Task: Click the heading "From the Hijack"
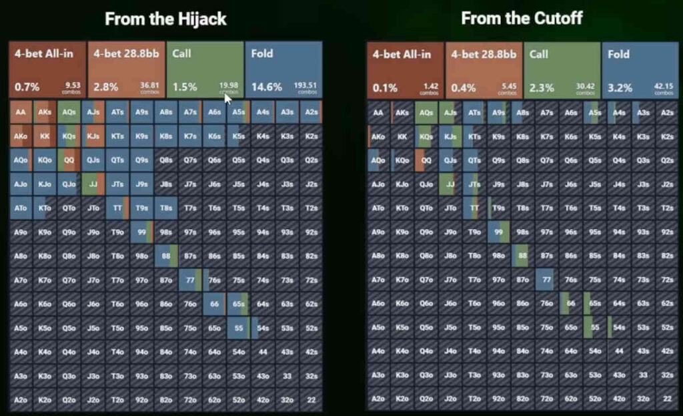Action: [165, 19]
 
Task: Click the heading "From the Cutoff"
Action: [522, 19]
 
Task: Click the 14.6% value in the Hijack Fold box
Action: [266, 87]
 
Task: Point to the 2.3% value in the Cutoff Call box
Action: [542, 87]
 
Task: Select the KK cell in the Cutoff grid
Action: [402, 136]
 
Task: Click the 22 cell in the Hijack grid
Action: [311, 399]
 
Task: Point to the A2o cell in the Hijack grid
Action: [20, 399]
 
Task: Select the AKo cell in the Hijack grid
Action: [20, 136]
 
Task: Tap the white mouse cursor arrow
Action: [228, 98]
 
